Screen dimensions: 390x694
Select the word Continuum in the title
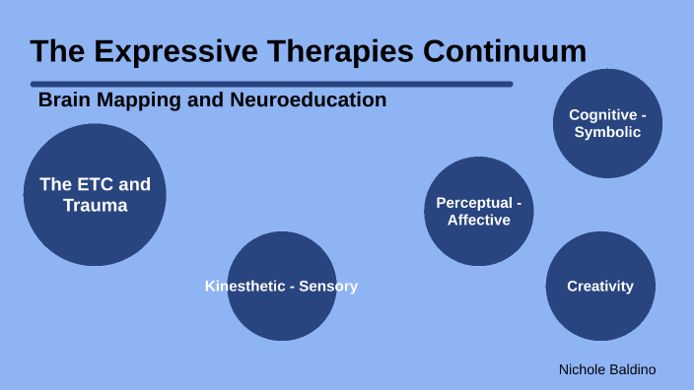tap(504, 51)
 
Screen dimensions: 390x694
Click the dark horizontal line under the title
tap(271, 85)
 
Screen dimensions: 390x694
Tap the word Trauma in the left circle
tap(95, 206)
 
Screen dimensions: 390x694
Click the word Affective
tap(478, 220)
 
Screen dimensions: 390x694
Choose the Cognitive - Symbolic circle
tap(607, 123)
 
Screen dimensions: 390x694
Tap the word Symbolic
tap(607, 132)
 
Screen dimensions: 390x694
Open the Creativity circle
tap(599, 287)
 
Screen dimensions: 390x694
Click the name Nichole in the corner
tap(583, 369)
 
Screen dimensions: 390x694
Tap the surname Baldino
tap(634, 369)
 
